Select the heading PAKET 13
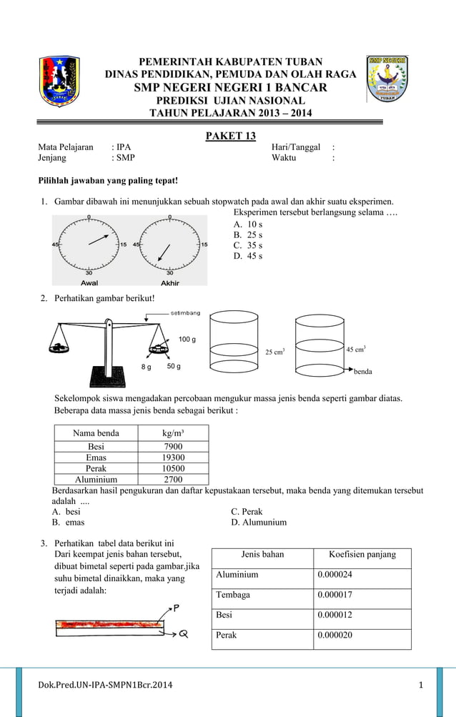click(231, 136)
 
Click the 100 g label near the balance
click(188, 338)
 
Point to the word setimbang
click(185, 313)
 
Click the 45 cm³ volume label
click(356, 349)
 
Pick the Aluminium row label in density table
click(96, 480)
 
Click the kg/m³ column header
click(173, 433)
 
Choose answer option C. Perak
click(247, 512)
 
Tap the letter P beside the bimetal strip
click(177, 608)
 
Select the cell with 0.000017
click(334, 594)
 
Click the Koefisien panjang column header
click(362, 555)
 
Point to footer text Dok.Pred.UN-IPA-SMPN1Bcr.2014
click(105, 686)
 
